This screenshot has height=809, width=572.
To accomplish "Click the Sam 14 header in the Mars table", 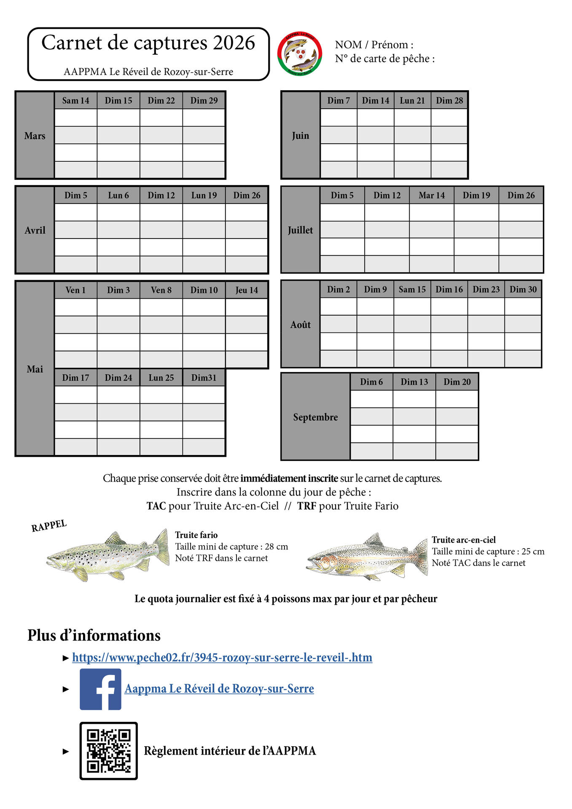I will point(76,101).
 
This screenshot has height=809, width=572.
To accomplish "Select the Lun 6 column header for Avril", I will point(118,196).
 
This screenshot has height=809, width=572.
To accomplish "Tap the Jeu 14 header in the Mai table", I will point(247,290).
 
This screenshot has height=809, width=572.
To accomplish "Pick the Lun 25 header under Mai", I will point(161,378).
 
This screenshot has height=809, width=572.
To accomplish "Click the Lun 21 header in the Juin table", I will point(412,101).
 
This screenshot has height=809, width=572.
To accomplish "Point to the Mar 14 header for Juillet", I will point(432,196).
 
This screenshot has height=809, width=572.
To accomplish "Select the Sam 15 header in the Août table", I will point(412,289).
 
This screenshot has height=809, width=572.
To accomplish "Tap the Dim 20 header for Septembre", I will point(457,382).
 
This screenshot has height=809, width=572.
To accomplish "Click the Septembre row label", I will point(315,417).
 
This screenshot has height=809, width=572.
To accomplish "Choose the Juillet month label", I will point(300,230).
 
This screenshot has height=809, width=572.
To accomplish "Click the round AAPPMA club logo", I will point(300,54).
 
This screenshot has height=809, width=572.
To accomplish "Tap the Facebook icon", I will point(100,689).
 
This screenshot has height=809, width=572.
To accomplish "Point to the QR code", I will point(109,751).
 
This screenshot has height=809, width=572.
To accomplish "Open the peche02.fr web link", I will point(222,658).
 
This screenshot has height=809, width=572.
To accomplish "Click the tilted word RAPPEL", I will point(49,526).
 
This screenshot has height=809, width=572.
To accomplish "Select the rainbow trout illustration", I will point(367,557).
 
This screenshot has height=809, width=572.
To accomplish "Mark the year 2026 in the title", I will point(234,43).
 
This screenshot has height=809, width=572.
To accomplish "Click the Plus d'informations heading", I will point(94,635).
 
